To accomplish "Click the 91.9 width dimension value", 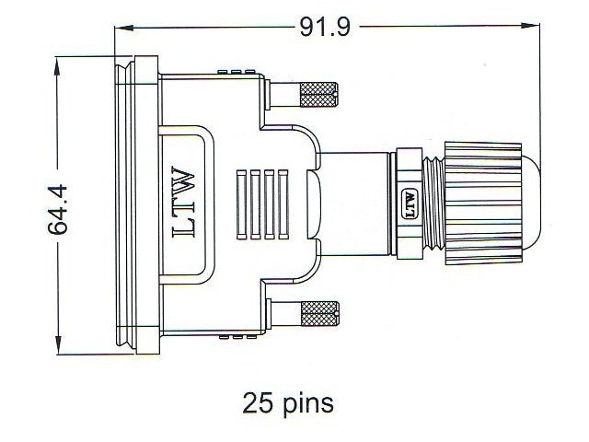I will pos(325,28).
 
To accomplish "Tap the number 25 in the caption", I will pos(259,402).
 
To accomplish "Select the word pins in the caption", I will pos(308,403).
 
